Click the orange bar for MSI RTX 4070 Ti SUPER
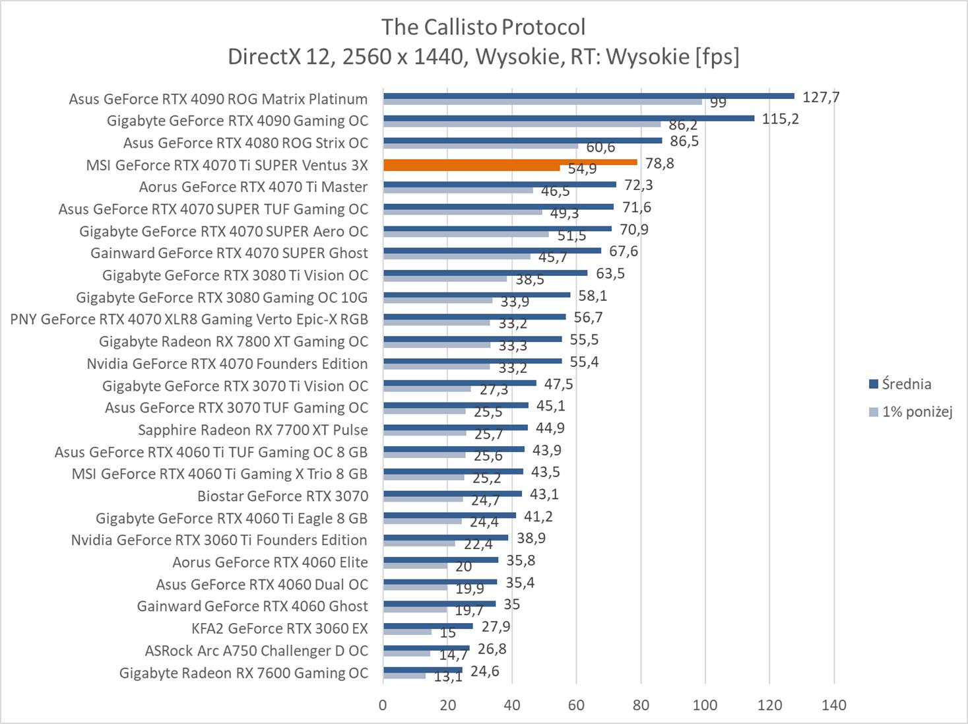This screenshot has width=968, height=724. point(509,162)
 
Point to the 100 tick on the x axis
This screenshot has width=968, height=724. point(705,705)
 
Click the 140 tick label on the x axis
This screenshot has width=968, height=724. point(833,705)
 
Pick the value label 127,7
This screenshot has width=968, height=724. point(821,97)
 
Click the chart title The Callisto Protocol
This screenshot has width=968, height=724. point(483,27)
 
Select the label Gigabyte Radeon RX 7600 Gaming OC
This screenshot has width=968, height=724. point(243,673)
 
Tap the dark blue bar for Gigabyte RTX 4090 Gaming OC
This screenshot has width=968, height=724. point(568,118)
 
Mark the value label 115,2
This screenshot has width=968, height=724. point(780,119)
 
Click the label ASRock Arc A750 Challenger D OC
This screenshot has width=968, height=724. point(256,651)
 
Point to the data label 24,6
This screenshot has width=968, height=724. point(485,671)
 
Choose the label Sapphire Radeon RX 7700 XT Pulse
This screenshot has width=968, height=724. point(253,430)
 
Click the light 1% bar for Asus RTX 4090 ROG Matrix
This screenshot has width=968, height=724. point(542,102)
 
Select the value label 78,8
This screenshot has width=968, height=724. point(660,163)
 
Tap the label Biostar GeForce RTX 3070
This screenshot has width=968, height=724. point(282,496)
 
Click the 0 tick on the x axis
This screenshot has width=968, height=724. point(383,705)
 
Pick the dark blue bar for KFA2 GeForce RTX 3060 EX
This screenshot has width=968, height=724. point(428,626)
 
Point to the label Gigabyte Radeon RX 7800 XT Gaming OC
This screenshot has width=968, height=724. point(233,342)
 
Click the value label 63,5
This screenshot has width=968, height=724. point(610,273)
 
